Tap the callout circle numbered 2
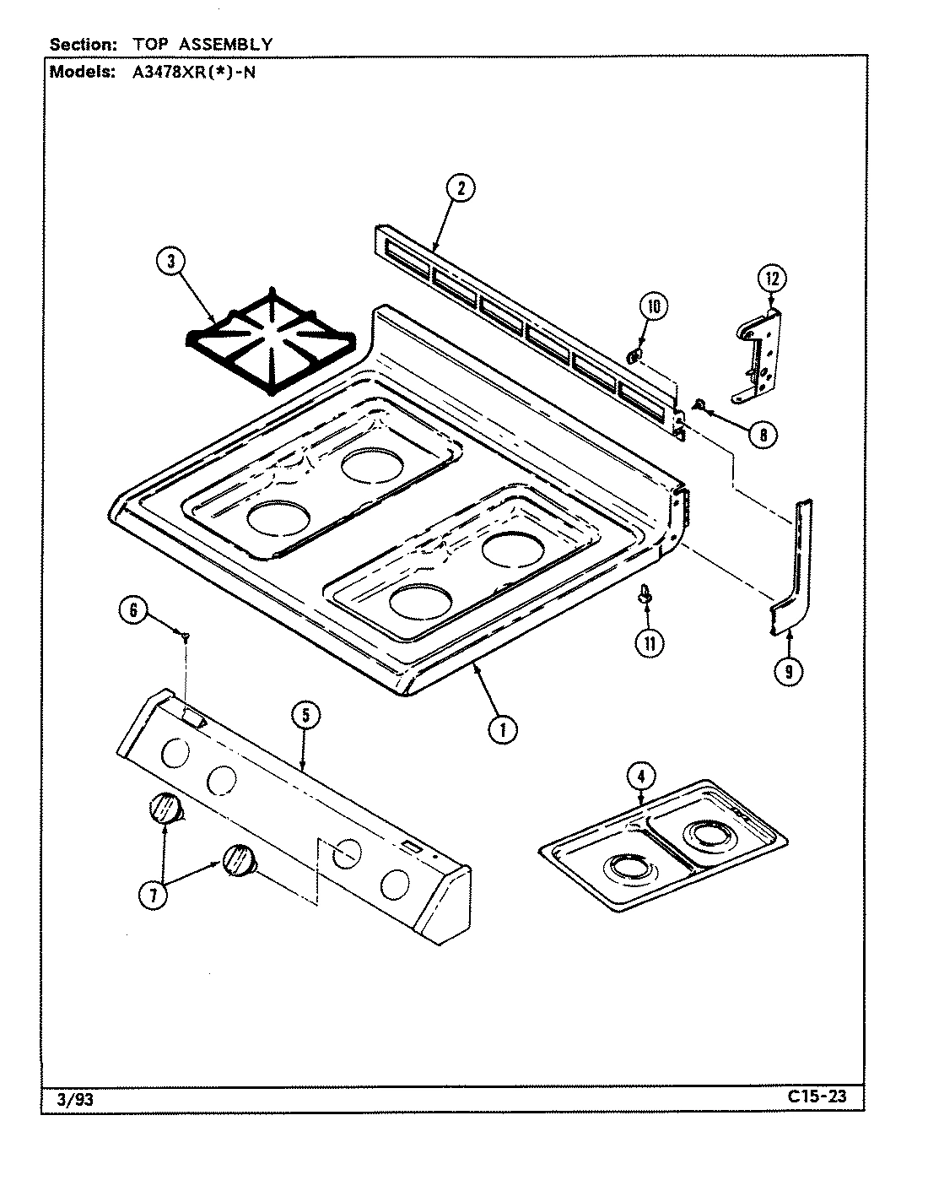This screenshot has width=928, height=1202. [x=461, y=188]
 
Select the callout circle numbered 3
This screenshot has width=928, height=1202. [x=170, y=262]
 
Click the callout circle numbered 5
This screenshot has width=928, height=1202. [x=305, y=717]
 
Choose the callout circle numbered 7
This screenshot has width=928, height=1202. [x=153, y=896]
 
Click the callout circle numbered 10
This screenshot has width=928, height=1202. [x=653, y=306]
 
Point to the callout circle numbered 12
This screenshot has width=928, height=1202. [x=770, y=278]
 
